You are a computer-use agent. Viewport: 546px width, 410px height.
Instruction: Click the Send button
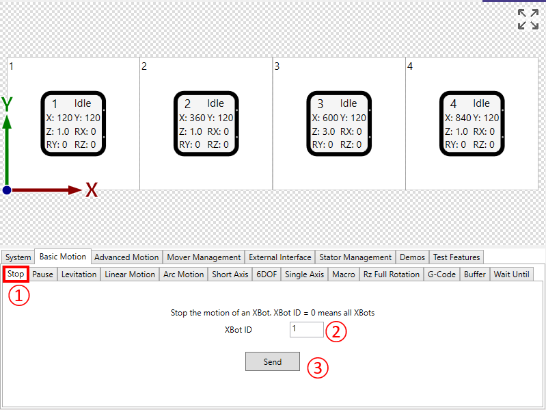pyautogui.click(x=272, y=361)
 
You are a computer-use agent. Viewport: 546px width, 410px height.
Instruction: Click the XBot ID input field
pyautogui.click(x=306, y=329)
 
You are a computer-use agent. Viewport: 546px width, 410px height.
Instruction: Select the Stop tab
pyautogui.click(x=16, y=274)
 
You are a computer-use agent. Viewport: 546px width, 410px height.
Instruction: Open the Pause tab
pyautogui.click(x=42, y=274)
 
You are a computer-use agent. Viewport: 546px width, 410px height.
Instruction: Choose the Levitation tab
pyautogui.click(x=79, y=274)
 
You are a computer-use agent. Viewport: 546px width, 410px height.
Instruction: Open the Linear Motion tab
pyautogui.click(x=130, y=274)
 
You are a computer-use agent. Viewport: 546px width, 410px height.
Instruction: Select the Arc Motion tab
pyautogui.click(x=184, y=274)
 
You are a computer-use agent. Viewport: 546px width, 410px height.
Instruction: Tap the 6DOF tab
pyautogui.click(x=267, y=274)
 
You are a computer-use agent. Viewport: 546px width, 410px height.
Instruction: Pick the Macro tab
pyautogui.click(x=343, y=274)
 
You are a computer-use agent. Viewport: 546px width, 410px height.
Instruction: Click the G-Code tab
pyautogui.click(x=441, y=274)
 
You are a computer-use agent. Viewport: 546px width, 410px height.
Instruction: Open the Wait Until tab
pyautogui.click(x=512, y=274)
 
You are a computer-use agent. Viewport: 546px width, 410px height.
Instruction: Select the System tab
pyautogui.click(x=18, y=257)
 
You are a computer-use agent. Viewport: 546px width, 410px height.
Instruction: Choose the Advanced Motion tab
pyautogui.click(x=126, y=257)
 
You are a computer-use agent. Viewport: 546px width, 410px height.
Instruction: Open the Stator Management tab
pyautogui.click(x=355, y=257)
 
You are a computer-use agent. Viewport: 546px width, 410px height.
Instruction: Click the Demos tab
pyautogui.click(x=412, y=257)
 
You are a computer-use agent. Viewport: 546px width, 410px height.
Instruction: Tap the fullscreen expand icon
pyautogui.click(x=528, y=19)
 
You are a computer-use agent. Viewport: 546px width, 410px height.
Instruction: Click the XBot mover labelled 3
pyautogui.click(x=339, y=123)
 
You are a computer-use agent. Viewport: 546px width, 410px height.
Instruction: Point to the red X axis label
pyautogui.click(x=92, y=190)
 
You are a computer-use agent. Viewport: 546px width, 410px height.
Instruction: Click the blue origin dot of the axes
pyautogui.click(x=7, y=190)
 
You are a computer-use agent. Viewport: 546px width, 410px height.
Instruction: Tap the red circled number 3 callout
pyautogui.click(x=318, y=368)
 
